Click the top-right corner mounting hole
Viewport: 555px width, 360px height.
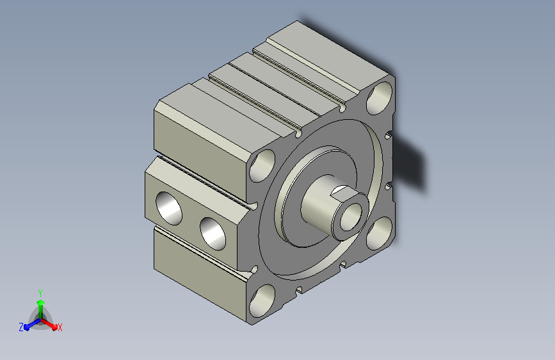click(379, 98)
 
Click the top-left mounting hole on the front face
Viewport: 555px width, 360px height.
click(262, 166)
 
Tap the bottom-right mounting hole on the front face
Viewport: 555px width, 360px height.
click(379, 233)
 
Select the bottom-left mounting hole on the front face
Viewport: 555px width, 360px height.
click(262, 301)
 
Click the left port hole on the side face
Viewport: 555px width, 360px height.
click(169, 208)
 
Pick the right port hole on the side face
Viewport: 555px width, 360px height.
click(213, 234)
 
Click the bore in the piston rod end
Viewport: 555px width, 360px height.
click(351, 217)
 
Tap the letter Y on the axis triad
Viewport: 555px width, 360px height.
click(40, 293)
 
